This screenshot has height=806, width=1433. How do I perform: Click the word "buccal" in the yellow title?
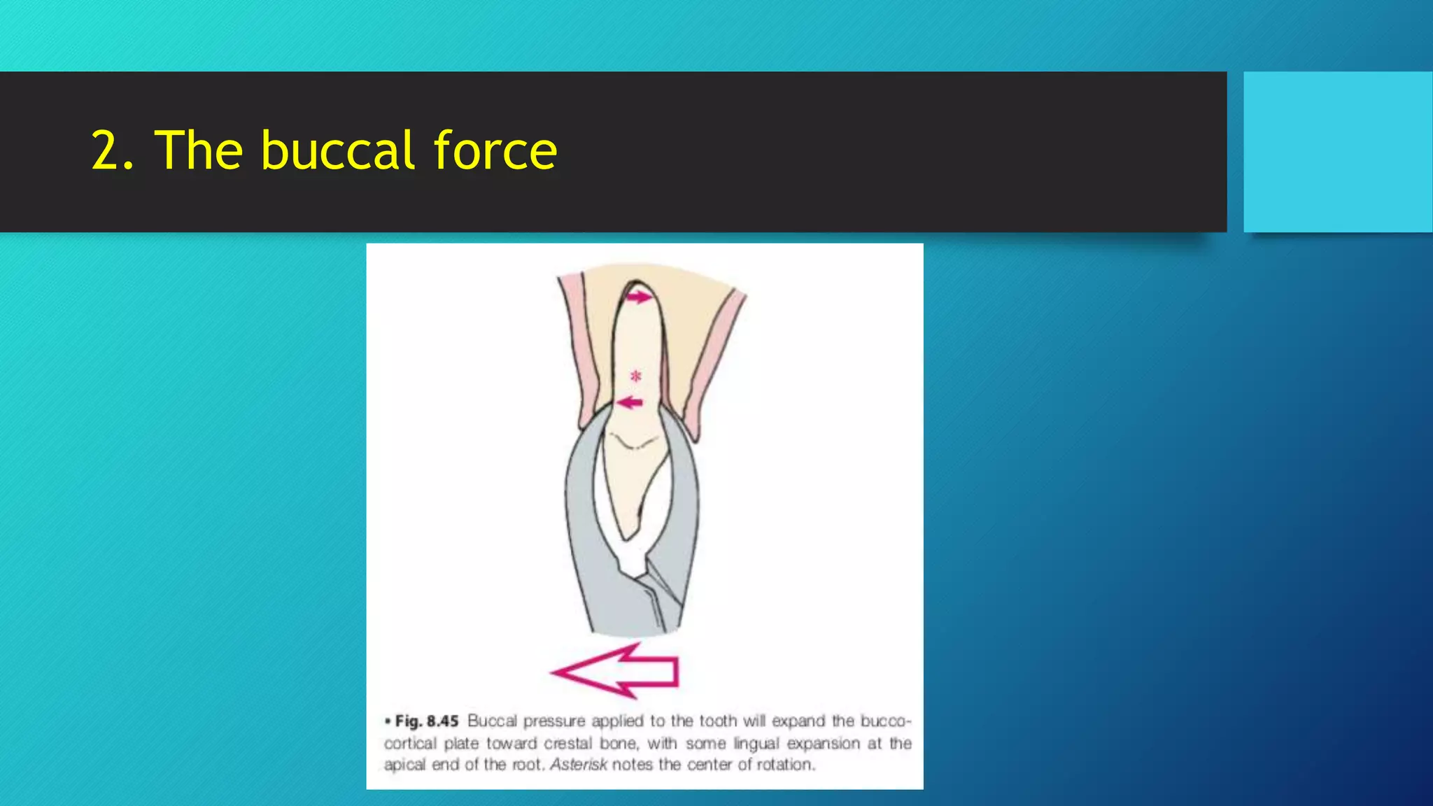pos(338,150)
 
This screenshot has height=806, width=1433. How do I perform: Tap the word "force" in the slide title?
pos(495,150)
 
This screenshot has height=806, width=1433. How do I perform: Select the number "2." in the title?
pos(113,150)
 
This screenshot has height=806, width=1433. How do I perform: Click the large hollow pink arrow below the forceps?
pos(616,671)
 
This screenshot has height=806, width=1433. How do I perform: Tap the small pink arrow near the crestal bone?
pos(630,402)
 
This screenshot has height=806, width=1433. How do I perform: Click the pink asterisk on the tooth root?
pos(635,376)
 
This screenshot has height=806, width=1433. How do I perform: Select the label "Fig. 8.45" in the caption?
pos(426,721)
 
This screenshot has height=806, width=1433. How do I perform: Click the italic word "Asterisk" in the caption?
pos(578,765)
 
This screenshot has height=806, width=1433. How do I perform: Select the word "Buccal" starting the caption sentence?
pos(492,721)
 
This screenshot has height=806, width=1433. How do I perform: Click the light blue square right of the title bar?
pos(1338,152)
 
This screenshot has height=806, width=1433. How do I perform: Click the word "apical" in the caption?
pos(404,765)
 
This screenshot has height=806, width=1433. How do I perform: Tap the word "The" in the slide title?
pos(199,150)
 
